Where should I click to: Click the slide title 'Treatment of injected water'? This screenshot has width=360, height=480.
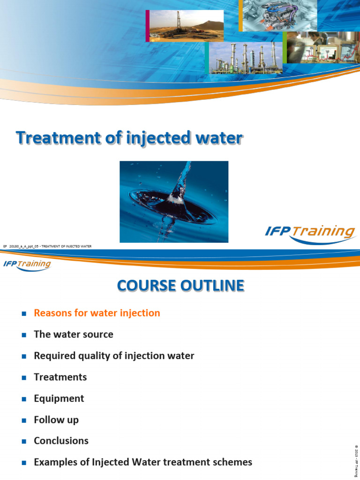click(x=129, y=138)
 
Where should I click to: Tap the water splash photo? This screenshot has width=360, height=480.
click(x=174, y=202)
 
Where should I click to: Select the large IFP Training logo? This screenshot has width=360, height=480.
click(x=309, y=233)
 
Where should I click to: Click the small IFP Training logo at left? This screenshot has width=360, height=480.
click(x=27, y=264)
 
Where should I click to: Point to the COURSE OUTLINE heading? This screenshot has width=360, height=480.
click(x=180, y=285)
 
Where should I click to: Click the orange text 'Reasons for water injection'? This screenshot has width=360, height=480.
click(x=97, y=313)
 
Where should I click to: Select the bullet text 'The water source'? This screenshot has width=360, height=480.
click(x=74, y=335)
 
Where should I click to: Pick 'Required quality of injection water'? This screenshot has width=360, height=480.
click(x=114, y=356)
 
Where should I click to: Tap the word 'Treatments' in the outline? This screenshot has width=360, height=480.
click(x=60, y=377)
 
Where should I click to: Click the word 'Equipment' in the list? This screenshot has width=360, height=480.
click(x=59, y=398)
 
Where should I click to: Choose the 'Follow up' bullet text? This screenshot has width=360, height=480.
click(x=56, y=420)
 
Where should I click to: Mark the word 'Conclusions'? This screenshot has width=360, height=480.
click(x=61, y=441)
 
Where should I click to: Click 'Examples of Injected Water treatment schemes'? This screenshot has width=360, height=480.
click(x=143, y=462)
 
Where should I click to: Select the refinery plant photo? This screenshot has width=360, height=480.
click(x=245, y=59)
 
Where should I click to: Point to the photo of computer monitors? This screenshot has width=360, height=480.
click(x=322, y=48)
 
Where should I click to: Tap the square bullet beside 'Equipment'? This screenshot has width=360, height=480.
click(x=23, y=399)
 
